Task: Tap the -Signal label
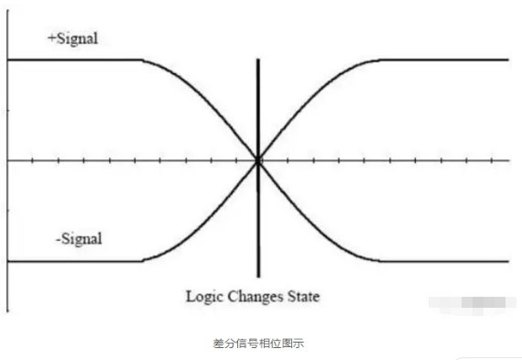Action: pos(80,239)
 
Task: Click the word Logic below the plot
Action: pos(202,297)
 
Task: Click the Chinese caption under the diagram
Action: pos(261,343)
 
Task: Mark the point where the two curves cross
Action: pos(258,160)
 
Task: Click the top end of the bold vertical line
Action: pos(258,60)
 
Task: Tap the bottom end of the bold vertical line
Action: pos(258,276)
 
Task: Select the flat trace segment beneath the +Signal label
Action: pos(73,60)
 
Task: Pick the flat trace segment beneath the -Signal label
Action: pos(73,261)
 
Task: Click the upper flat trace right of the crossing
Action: pos(449,60)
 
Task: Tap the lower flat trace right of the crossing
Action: pos(449,261)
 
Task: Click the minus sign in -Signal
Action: pos(57,240)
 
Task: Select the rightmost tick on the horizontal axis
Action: pos(507,160)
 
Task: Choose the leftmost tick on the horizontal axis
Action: pos(33,160)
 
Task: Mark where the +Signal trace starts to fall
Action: pos(142,60)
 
